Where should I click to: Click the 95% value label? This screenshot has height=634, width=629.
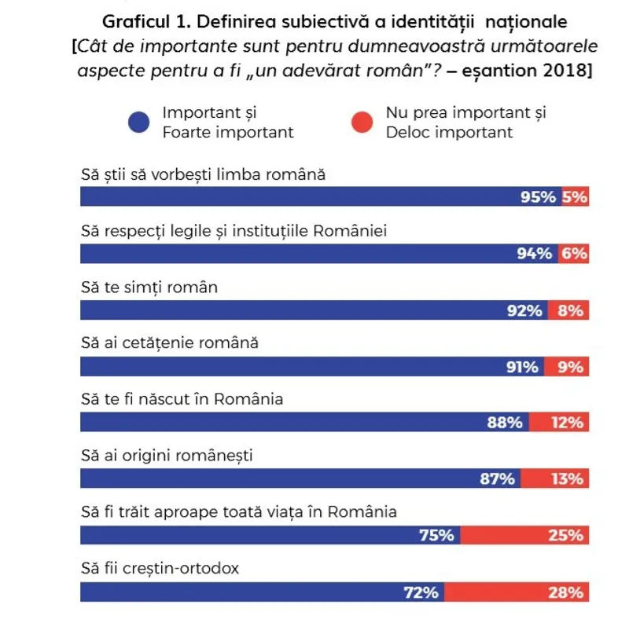(x=538, y=197)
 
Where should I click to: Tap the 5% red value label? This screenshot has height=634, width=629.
(x=575, y=197)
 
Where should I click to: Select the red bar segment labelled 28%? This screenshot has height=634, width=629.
(x=516, y=592)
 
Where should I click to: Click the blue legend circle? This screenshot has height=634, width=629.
(x=138, y=123)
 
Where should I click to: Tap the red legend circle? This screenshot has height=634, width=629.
(x=362, y=123)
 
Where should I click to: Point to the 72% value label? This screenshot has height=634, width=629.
(x=421, y=592)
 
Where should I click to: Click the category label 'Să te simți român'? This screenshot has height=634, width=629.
(x=149, y=288)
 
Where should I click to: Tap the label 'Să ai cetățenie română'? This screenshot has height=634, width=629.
(x=170, y=343)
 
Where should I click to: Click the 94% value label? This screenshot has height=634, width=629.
(x=534, y=254)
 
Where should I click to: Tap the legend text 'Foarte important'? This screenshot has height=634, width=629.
(x=228, y=132)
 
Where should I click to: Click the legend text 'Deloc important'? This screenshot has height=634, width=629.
(x=448, y=132)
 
